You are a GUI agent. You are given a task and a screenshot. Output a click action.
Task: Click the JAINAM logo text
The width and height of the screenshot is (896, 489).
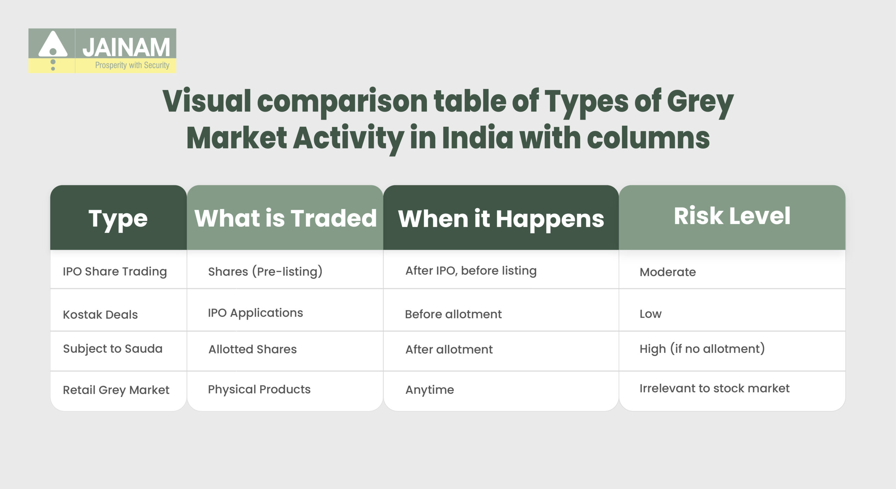tap(126, 48)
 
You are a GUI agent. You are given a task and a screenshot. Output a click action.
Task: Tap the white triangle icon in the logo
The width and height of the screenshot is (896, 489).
tap(53, 44)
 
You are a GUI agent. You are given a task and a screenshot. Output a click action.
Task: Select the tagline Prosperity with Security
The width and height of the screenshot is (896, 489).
tap(132, 65)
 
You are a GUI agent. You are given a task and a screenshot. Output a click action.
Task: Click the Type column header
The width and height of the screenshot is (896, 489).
tap(118, 219)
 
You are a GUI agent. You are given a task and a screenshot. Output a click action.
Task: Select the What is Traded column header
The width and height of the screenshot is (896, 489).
tap(285, 218)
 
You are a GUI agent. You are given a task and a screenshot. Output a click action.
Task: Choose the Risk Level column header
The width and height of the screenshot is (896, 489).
tap(732, 216)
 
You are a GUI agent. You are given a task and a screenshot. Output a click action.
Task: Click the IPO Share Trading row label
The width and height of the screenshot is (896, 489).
tap(115, 272)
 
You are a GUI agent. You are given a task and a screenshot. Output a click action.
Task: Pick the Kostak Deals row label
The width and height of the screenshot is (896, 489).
tap(100, 314)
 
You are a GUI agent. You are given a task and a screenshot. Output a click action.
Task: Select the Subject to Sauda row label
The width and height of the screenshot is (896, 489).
tap(113, 349)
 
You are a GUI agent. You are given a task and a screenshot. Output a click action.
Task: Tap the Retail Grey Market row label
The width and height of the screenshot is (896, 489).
tap(116, 390)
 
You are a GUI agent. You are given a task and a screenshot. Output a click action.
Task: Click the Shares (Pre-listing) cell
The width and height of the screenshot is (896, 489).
tap(265, 272)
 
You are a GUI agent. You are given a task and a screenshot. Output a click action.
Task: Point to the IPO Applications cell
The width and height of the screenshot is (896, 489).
tap(255, 313)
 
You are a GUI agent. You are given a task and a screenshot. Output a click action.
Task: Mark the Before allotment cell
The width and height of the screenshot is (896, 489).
tap(453, 314)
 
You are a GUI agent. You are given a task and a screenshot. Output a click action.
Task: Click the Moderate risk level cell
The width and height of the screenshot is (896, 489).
tap(667, 272)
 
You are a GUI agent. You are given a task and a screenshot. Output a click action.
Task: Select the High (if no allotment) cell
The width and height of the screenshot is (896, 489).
tap(702, 349)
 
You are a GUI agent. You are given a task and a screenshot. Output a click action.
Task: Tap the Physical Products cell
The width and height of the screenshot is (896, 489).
tap(259, 389)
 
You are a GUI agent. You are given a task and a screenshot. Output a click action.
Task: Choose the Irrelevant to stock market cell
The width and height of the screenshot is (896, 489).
tap(714, 388)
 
